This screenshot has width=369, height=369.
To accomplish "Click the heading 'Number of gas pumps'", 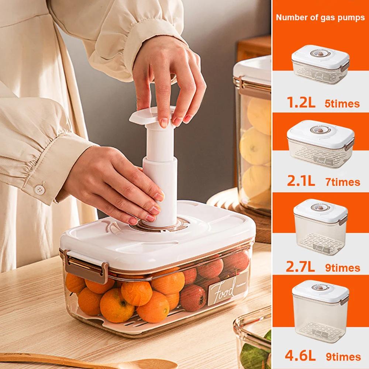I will pos(320,17).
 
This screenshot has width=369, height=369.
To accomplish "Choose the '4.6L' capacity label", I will pos(300,356).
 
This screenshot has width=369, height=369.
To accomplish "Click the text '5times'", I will pos(342,104).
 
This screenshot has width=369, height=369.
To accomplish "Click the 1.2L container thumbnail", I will pos(320,68).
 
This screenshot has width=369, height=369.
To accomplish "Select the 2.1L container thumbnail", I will pos(320,146).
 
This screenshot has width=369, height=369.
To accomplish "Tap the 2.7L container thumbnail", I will pos(320,229).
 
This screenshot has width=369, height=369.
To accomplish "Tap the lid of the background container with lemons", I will pos(253,68).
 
